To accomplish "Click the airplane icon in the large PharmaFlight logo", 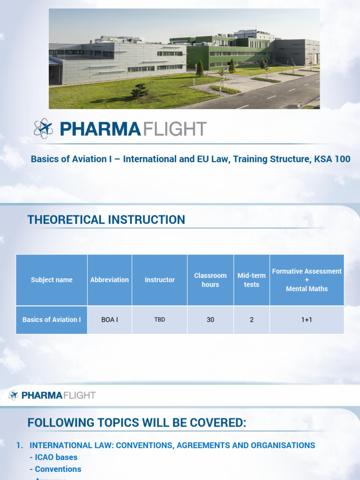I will [x=44, y=128].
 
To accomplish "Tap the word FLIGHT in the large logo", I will [x=174, y=129].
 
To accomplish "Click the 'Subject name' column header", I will [x=52, y=280].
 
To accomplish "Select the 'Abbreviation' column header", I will [x=110, y=280].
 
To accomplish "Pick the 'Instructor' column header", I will [x=159, y=280].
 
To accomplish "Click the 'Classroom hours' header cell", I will [x=210, y=280].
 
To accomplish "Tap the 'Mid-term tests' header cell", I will [x=251, y=280].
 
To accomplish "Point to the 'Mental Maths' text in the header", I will [x=307, y=289].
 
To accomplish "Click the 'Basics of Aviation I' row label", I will [x=52, y=320].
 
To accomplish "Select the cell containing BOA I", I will [x=110, y=320].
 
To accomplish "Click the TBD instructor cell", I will [x=159, y=320].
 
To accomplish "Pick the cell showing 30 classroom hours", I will [x=210, y=320].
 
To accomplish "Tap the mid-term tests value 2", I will [x=251, y=320].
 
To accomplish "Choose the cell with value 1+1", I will [x=307, y=320].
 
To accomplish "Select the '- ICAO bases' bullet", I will [x=53, y=457].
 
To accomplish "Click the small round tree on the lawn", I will [x=139, y=90].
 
